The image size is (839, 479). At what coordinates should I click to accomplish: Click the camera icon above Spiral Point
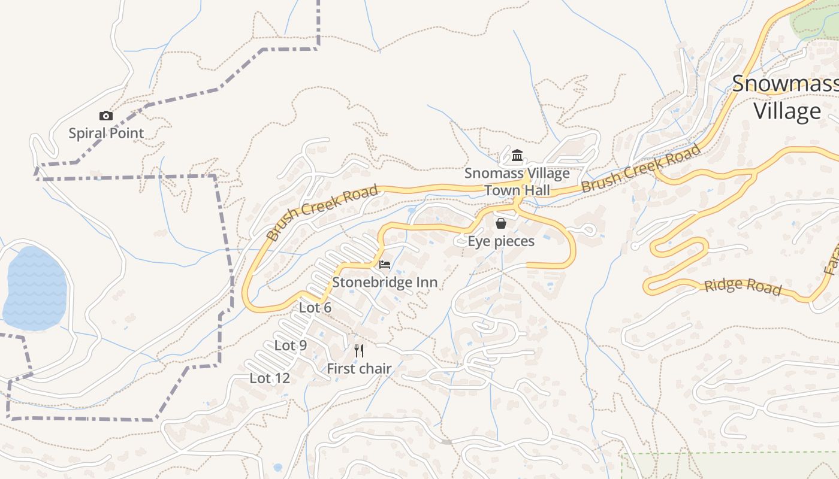(x=105, y=116)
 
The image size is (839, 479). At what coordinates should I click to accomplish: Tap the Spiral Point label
(x=106, y=133)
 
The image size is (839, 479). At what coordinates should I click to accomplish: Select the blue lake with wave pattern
(x=34, y=288)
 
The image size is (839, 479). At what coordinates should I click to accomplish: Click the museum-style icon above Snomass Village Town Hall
(x=517, y=156)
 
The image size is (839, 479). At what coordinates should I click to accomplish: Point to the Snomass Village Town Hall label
(x=517, y=182)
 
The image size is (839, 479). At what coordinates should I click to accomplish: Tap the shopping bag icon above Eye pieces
(x=500, y=223)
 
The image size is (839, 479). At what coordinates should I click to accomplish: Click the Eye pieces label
(x=501, y=241)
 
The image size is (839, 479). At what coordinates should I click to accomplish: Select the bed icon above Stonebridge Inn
(x=385, y=264)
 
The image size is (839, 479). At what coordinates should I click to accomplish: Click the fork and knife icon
(x=359, y=350)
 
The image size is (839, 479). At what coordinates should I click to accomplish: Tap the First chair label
(x=359, y=369)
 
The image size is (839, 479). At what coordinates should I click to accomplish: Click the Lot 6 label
(x=315, y=308)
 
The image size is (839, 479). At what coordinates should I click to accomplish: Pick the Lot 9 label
(x=291, y=345)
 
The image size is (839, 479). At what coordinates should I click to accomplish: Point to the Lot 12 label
(x=270, y=378)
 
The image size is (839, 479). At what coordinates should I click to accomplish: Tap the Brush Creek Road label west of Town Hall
(x=322, y=213)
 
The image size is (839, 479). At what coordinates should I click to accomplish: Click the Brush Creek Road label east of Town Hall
(x=641, y=167)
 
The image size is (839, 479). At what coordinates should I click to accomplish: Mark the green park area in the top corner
(x=815, y=21)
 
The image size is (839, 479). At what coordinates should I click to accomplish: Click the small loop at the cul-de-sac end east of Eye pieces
(x=588, y=229)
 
